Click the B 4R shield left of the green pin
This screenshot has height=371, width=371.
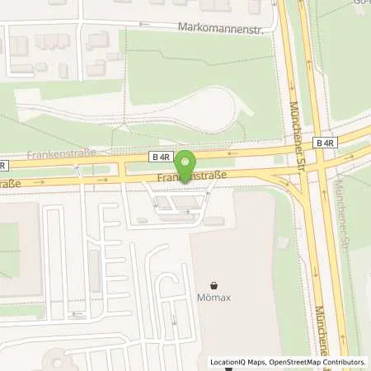160,155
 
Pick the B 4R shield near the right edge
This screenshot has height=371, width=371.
326,143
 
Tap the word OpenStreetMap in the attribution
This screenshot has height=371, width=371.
289,362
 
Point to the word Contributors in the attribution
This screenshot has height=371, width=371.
341,362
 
